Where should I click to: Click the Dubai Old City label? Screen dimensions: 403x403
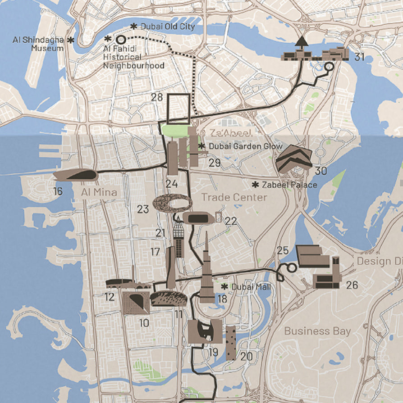167,27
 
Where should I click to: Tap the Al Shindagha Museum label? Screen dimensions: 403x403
38,44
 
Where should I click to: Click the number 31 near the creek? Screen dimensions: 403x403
359,57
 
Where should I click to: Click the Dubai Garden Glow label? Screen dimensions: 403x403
245,146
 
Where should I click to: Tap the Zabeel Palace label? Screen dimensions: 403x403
289,185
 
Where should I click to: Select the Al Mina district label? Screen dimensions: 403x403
99,193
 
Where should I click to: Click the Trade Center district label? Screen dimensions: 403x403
234,197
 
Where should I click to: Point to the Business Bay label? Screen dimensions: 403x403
317,331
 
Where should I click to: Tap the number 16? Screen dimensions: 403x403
57,191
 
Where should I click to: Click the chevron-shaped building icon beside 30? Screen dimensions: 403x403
294,159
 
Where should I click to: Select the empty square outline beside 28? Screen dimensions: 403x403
179,109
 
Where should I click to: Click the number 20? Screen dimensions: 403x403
246,356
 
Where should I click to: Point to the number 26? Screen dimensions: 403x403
352,285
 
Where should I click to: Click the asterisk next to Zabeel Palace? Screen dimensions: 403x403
255,185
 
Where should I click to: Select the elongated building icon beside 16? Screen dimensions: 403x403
75,175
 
